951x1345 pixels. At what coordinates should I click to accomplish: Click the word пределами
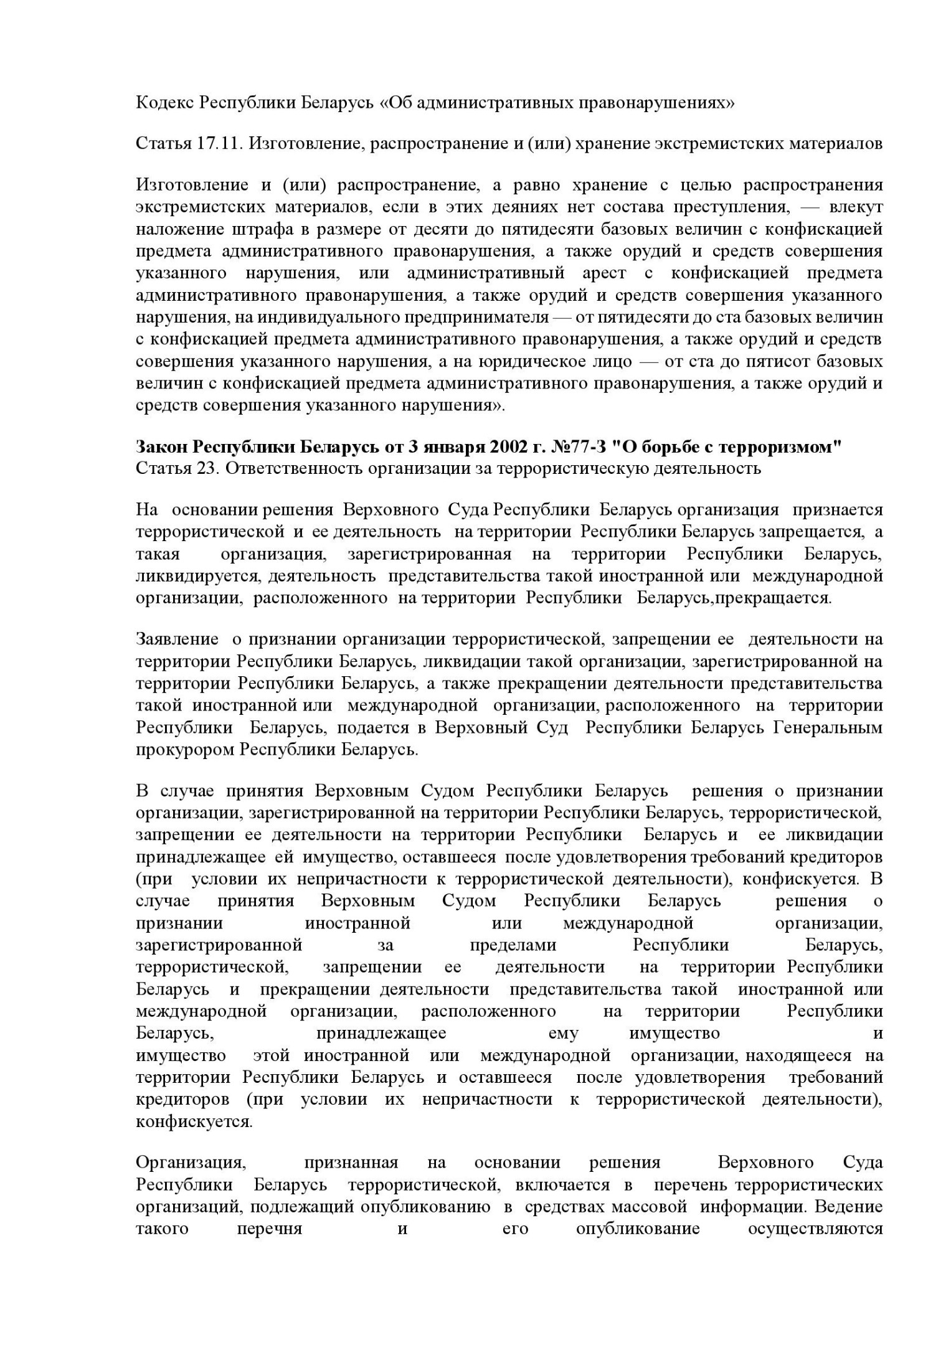(513, 945)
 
